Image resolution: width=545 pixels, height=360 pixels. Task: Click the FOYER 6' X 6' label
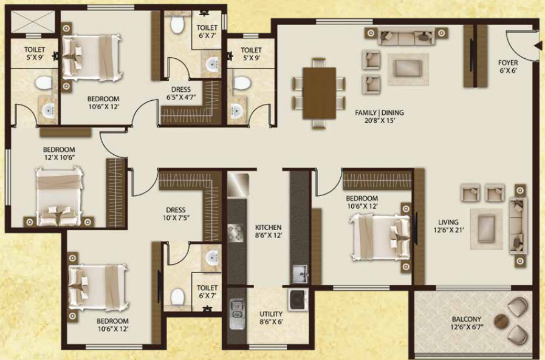tap(508, 66)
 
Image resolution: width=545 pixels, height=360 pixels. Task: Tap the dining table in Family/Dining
tap(320, 93)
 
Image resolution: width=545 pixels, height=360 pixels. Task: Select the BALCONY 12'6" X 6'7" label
tap(466, 322)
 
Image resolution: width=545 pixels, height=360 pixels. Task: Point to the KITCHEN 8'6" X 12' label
tap(269, 231)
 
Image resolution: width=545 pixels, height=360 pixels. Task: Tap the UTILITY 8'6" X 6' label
tap(271, 318)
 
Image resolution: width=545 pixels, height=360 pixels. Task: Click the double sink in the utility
tap(238, 310)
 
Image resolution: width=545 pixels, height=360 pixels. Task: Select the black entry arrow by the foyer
tap(538, 46)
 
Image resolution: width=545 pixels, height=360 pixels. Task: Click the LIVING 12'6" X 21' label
tap(448, 226)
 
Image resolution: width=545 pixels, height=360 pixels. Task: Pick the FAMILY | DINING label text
tap(379, 112)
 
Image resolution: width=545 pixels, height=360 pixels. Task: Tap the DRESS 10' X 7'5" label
tap(176, 214)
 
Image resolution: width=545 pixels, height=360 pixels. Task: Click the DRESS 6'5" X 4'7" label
tap(180, 93)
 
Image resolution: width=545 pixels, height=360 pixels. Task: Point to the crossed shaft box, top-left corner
tap(33, 22)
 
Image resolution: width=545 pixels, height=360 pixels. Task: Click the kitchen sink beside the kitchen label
tap(300, 274)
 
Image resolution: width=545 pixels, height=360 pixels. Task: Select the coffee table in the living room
tap(486, 229)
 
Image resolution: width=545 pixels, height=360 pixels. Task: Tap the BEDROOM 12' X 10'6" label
tap(59, 153)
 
